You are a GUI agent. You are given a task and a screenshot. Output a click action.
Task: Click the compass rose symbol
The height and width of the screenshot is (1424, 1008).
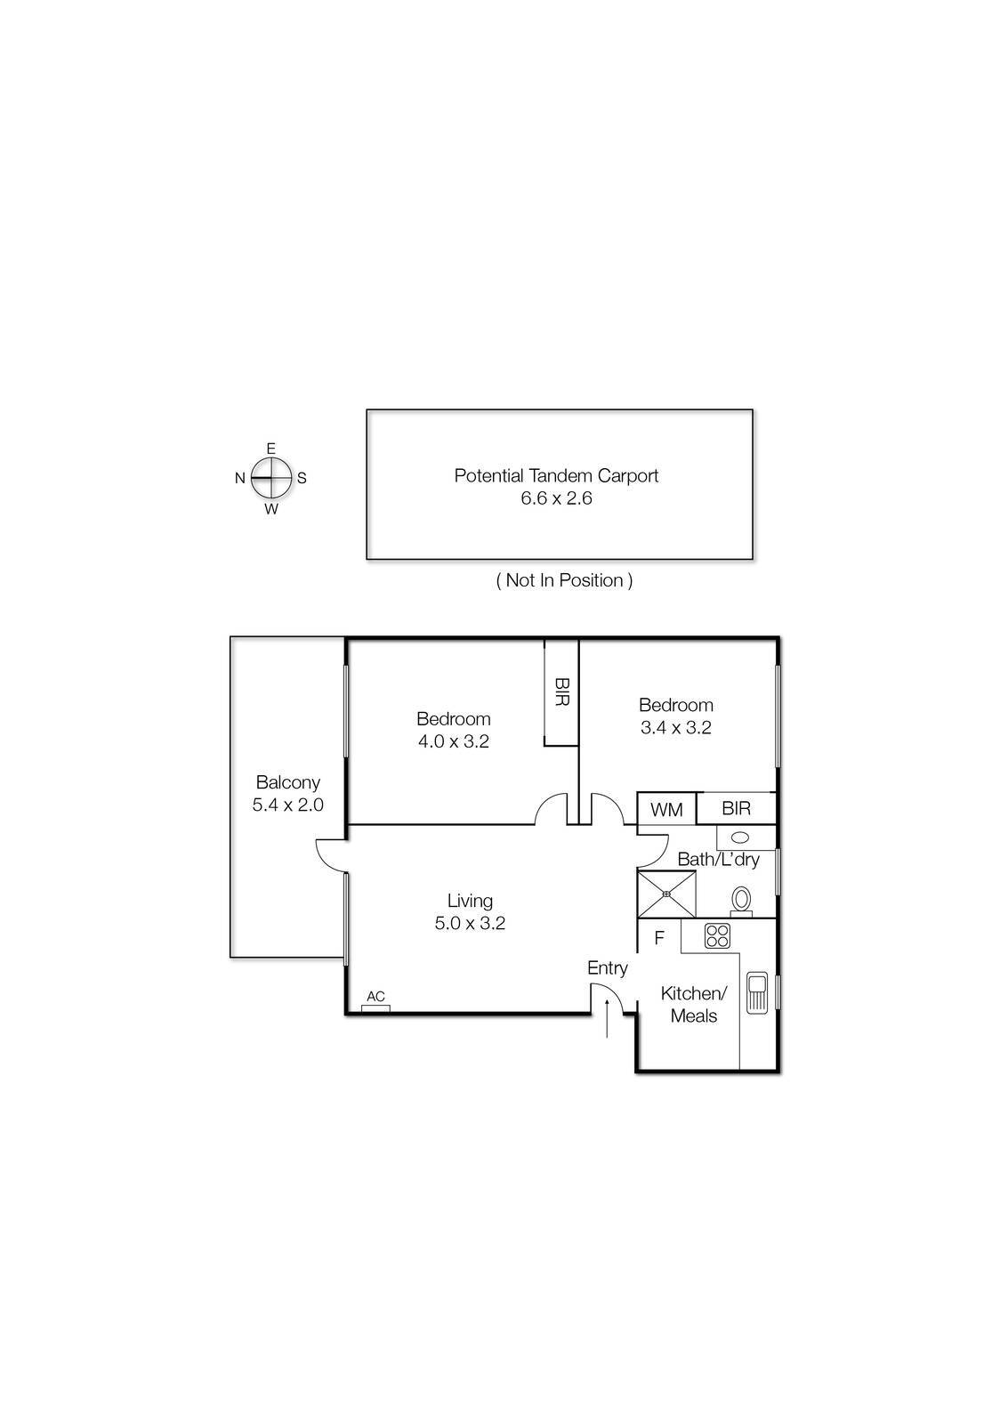tap(271, 478)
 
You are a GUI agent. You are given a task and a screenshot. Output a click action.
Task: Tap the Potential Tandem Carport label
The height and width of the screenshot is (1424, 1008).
tap(556, 475)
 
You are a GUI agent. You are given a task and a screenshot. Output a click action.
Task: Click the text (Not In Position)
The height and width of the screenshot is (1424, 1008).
tap(564, 580)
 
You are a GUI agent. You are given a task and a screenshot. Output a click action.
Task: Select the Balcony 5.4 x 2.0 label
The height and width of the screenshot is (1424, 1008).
tap(287, 794)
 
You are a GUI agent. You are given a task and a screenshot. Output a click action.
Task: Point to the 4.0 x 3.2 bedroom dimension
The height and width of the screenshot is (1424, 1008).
tap(454, 741)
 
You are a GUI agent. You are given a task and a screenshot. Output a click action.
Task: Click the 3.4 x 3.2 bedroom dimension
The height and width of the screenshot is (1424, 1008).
tap(675, 727)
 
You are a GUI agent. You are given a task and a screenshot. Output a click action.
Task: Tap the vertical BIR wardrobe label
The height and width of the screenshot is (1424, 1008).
tap(561, 692)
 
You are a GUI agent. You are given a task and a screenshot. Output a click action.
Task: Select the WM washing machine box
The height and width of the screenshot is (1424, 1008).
tap(666, 809)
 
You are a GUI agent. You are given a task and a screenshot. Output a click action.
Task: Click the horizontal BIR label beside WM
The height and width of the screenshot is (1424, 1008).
tap(736, 808)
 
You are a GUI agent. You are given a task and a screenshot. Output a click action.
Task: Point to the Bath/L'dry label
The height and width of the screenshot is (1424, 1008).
tap(718, 859)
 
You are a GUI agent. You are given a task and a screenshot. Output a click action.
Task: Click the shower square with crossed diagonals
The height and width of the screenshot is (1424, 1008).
tap(666, 894)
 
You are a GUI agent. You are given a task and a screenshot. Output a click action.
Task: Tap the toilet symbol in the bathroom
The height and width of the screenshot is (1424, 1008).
tap(741, 901)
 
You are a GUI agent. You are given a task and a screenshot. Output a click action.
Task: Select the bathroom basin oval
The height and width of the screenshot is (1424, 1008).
tap(739, 837)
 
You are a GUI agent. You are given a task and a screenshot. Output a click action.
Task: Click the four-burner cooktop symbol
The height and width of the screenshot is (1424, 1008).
tap(717, 936)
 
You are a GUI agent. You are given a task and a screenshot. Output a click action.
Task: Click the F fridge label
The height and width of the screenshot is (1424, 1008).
tap(659, 938)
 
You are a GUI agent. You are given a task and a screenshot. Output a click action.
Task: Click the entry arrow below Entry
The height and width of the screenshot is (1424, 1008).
tap(608, 1017)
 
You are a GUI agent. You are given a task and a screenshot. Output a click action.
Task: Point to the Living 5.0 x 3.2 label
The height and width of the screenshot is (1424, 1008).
tap(470, 912)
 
